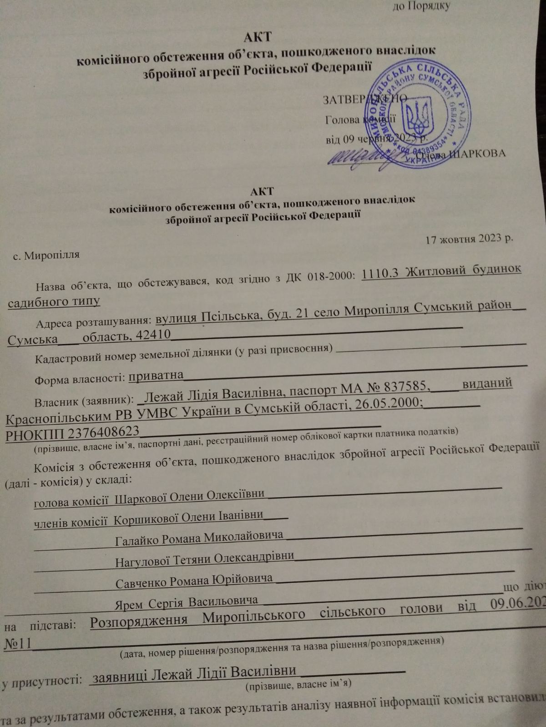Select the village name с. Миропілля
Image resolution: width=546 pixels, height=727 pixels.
point(46,255)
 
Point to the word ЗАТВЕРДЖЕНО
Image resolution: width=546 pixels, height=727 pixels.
point(364,99)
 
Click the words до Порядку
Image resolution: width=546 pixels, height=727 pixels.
point(421,6)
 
